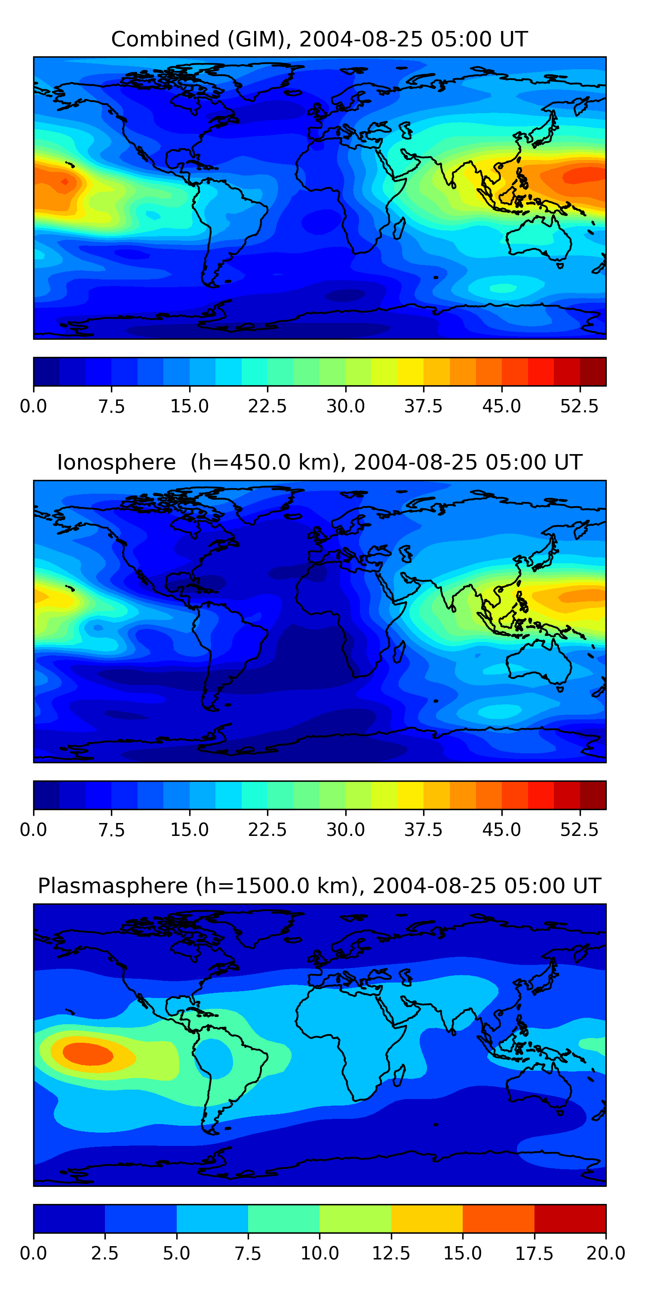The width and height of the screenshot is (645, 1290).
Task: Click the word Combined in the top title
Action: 165,39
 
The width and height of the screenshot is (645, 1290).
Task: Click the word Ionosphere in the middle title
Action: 116,462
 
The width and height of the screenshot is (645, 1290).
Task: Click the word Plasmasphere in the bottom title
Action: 113,886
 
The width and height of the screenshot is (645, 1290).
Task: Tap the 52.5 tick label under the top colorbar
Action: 579,406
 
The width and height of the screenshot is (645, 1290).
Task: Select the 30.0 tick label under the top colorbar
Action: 346,406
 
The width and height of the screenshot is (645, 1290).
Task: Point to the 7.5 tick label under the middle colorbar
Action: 111,830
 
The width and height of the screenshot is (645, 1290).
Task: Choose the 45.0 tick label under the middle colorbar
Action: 501,830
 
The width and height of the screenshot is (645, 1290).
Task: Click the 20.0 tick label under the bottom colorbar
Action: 605,1253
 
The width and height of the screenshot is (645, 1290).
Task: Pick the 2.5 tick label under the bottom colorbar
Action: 104,1253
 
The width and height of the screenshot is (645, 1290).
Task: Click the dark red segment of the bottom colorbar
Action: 570,1218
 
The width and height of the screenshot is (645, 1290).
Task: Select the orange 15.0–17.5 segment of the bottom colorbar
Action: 498,1218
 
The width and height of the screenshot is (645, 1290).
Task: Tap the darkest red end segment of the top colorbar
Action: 593,372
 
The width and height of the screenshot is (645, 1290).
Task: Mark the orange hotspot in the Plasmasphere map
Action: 88,1053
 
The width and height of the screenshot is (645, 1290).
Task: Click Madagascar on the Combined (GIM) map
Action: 399,228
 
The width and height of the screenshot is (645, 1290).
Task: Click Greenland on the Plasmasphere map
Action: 265,927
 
